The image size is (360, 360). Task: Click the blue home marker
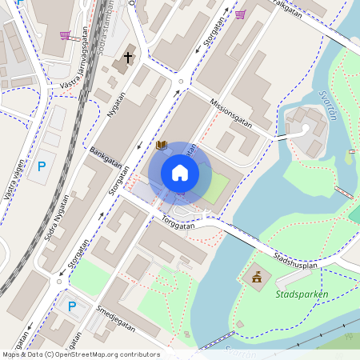point(180,173)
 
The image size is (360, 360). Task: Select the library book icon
point(162,145)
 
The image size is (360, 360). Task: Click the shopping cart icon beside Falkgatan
point(240,14)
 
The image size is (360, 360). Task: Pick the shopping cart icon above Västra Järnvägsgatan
point(65,35)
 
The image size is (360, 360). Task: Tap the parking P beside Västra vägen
point(41,167)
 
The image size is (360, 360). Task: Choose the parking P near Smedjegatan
point(71,306)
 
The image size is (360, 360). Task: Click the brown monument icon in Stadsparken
point(257,278)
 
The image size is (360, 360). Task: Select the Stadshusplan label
point(296,258)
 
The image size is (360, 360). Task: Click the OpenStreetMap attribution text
point(80,354)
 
